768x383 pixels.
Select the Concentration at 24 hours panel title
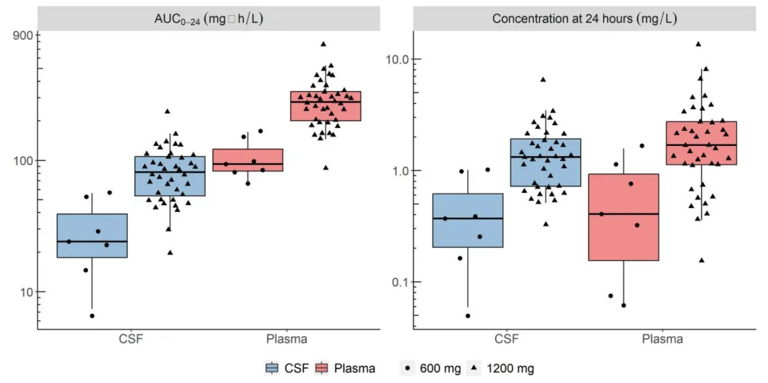point(585,19)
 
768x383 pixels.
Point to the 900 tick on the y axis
point(26,34)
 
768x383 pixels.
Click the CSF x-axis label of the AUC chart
point(132,339)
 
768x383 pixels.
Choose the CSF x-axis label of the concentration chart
point(506,339)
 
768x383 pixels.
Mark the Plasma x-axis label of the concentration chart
point(662,339)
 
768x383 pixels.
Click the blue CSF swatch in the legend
point(272,368)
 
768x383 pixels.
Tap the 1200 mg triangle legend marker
point(473,368)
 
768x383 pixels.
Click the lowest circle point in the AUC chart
point(92,315)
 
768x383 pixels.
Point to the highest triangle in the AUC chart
point(324,44)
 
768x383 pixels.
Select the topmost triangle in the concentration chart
point(698,44)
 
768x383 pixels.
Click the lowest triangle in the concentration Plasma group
point(701,261)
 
